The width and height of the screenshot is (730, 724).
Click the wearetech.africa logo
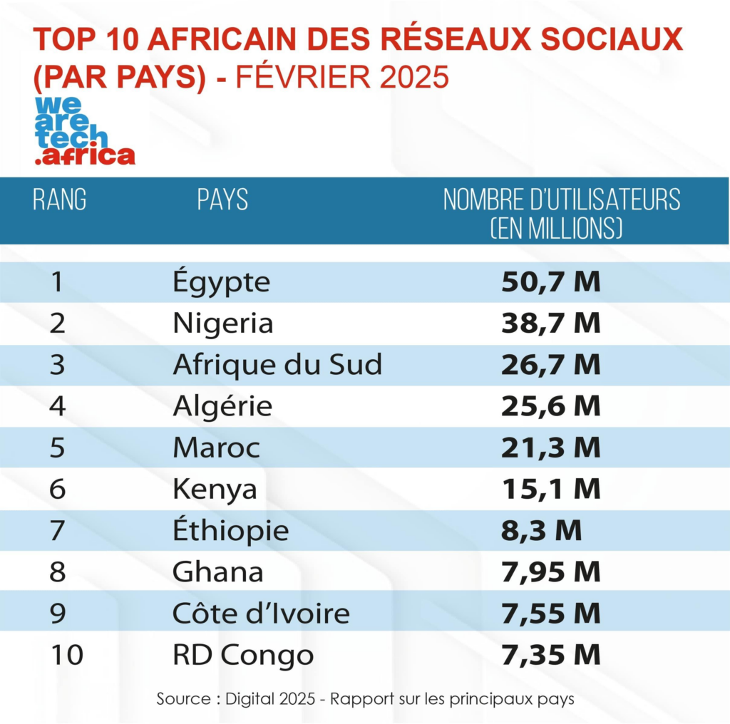pos(84,131)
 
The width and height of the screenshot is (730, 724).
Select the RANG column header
pos(59,200)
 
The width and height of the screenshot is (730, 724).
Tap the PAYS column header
pos(222,200)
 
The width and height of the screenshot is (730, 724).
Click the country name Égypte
pos(221,282)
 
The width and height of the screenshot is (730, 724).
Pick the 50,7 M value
pos(550,282)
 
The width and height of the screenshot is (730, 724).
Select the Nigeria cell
pos(222,324)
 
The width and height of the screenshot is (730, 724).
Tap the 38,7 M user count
pos(550,324)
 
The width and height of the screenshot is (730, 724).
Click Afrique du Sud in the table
pos(277,365)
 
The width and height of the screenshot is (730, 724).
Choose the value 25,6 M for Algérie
pos(550,406)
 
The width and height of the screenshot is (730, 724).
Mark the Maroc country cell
pos(216,448)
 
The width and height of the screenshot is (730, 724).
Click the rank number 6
pos(58,489)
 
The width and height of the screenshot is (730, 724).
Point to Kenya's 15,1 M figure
pos(550,489)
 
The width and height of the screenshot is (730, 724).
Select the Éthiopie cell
pos(230,530)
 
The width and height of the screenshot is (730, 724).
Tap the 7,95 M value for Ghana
pos(550,572)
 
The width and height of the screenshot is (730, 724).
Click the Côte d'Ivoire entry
pos(261,613)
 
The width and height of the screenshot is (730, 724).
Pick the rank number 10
pos(66,654)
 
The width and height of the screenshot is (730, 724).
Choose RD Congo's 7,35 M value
pos(550,654)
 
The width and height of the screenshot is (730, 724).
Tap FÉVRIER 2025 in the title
pos(342,76)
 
